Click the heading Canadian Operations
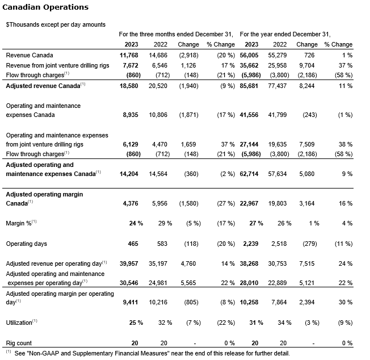pos(46,7)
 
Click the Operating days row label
pos(26,244)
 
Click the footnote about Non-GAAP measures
pos(151,353)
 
